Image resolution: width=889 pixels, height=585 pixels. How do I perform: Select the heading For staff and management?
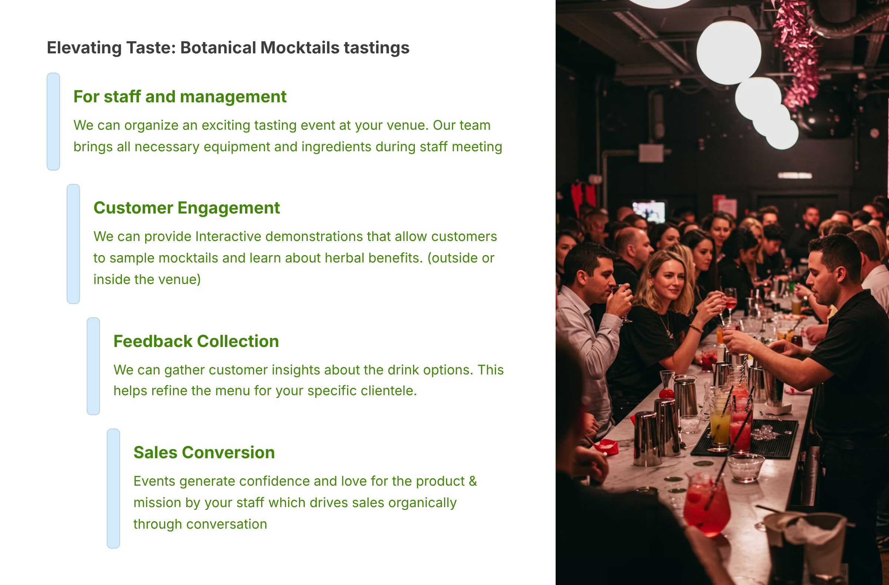click(180, 96)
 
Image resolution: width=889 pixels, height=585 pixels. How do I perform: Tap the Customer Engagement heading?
click(186, 208)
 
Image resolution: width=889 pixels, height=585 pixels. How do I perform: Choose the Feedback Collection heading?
click(196, 341)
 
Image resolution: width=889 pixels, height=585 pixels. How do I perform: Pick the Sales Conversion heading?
click(204, 452)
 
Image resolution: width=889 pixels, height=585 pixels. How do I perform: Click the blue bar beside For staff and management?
click(53, 122)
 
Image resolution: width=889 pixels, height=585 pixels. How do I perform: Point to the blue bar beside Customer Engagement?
click(73, 244)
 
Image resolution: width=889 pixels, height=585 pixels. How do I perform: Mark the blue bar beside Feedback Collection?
click(93, 366)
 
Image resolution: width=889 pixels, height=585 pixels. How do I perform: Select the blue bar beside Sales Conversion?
click(113, 489)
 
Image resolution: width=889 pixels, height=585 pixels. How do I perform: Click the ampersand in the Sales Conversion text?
click(473, 481)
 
